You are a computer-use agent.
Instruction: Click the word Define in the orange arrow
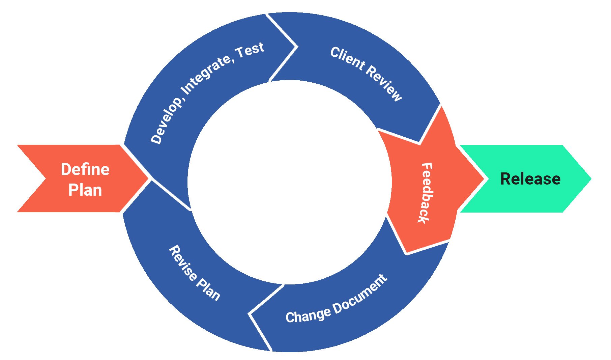coord(85,169)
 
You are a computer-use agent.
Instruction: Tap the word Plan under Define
coord(85,190)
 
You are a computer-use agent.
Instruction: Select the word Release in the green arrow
coord(530,179)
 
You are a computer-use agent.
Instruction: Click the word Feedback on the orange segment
coord(426,193)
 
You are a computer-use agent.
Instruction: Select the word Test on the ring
coord(250,50)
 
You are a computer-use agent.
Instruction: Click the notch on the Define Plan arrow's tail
coord(45,178)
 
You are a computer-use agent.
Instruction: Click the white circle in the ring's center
coord(289,182)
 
